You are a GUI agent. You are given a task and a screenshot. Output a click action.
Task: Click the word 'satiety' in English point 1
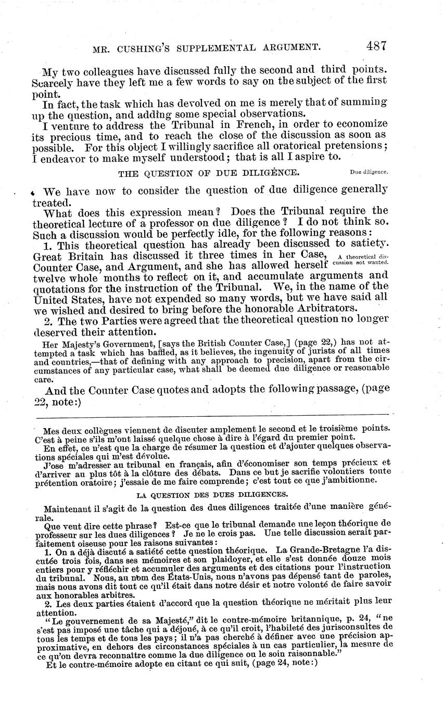[369, 244]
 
